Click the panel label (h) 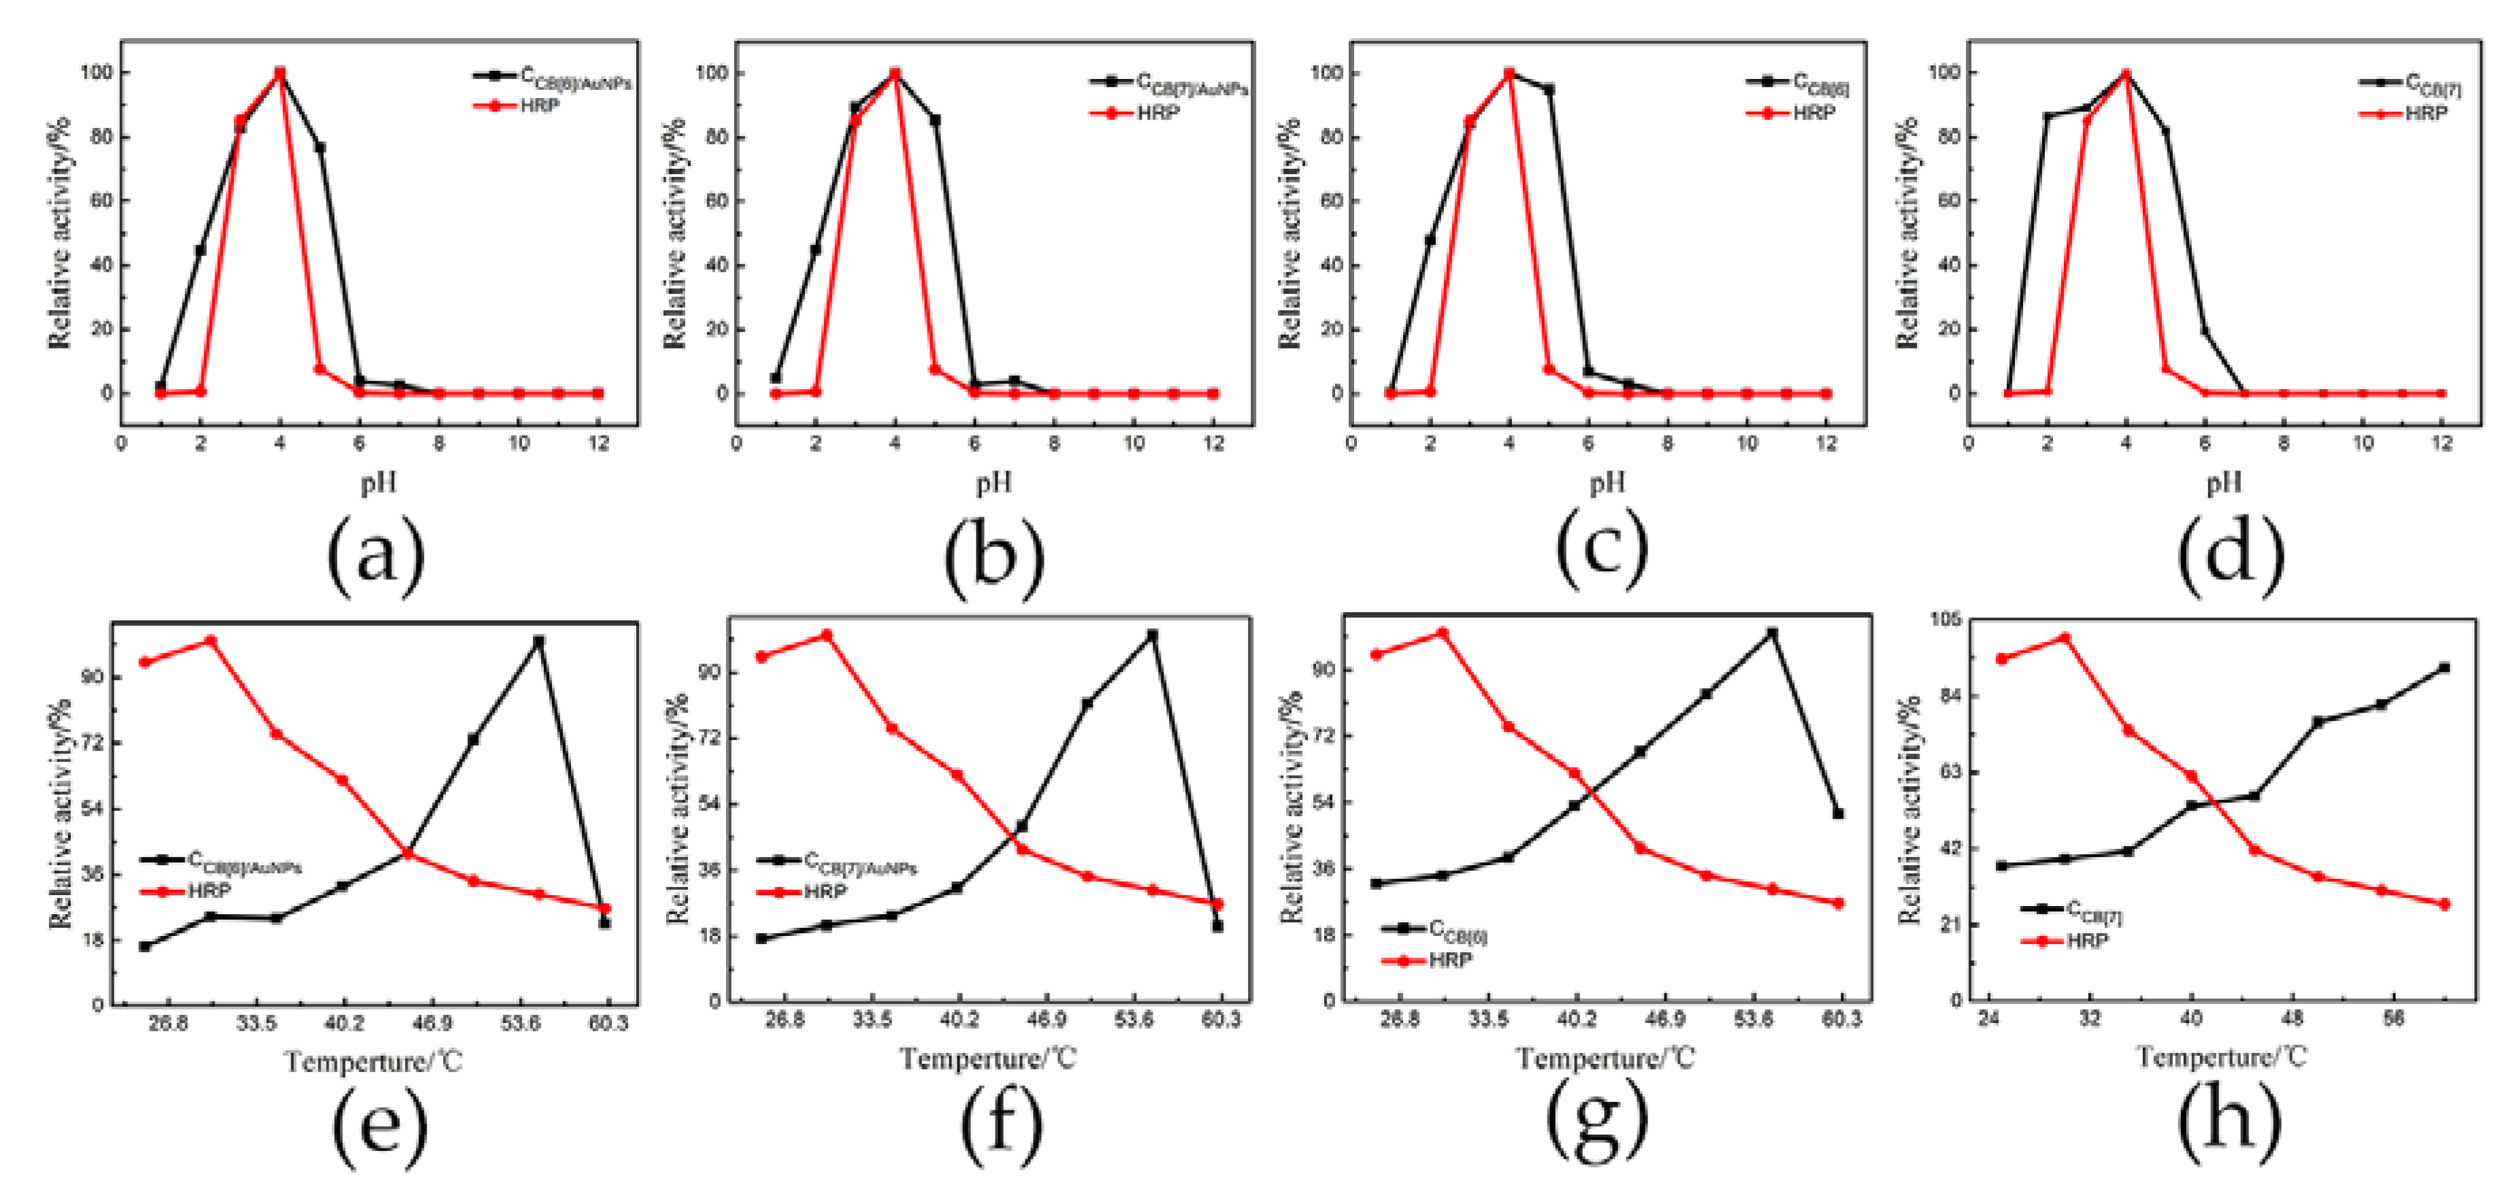2229,1122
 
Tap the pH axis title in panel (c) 1608,482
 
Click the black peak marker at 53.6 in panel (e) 538,642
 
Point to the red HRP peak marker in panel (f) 826,635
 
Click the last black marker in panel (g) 1839,813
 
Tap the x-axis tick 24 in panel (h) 1987,1018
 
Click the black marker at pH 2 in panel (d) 2048,117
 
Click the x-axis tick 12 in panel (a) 599,443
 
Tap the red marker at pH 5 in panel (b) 934,370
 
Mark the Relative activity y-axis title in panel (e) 61,815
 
